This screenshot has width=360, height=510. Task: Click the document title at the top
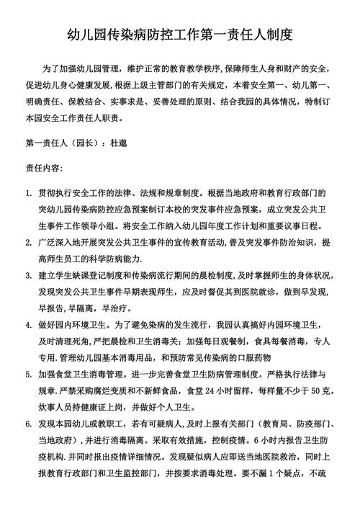(179, 34)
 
